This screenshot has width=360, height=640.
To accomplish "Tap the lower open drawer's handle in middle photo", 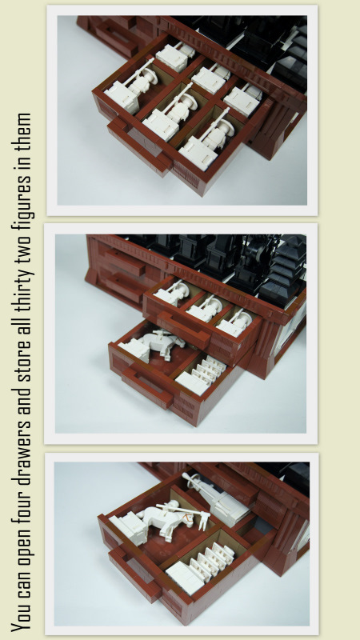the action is pos(146,386).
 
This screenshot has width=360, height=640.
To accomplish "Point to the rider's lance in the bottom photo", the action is pos(182,509).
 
